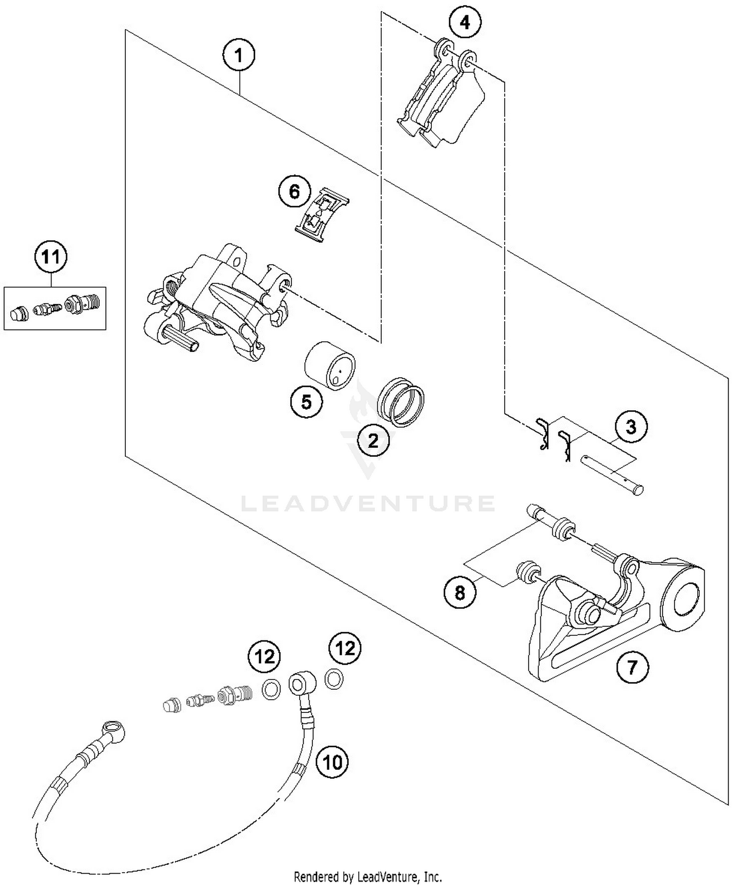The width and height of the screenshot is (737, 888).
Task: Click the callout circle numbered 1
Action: (x=239, y=56)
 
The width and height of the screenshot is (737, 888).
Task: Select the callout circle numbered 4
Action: (x=465, y=22)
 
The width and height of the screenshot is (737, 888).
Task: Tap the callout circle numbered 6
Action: (x=294, y=191)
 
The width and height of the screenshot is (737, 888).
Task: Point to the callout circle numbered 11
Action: (x=51, y=257)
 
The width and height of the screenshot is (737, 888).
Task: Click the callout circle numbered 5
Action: (x=306, y=402)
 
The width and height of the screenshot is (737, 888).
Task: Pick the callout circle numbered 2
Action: (x=373, y=441)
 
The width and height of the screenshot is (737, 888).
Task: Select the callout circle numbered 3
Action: (x=631, y=427)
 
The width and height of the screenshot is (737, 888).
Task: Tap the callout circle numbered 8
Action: (x=460, y=592)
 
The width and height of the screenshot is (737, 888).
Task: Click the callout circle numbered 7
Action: (x=632, y=667)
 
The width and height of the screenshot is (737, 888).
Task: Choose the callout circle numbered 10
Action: (x=332, y=762)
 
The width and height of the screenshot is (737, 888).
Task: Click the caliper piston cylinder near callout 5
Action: (x=330, y=365)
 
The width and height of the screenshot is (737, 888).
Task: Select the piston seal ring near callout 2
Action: (x=400, y=402)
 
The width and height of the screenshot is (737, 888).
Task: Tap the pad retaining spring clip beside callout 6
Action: (x=322, y=215)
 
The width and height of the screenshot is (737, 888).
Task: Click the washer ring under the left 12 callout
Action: (x=271, y=689)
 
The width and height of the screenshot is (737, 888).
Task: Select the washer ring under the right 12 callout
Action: (x=334, y=680)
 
